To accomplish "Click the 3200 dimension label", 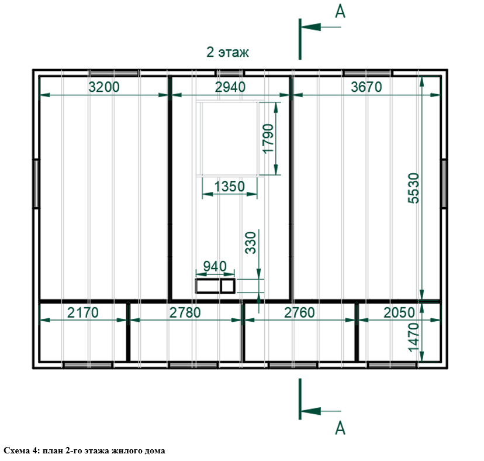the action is [104, 87].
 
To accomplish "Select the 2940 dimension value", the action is [230, 87].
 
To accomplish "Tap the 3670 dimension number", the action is [367, 87].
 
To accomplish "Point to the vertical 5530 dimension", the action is [414, 188].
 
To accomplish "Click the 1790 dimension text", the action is [268, 138].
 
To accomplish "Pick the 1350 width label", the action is [229, 186].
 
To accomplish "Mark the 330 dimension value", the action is [251, 243].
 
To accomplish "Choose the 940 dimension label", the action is [215, 266].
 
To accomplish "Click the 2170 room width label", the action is [83, 312].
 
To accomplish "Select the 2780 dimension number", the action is [185, 312].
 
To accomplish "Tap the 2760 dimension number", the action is [299, 312].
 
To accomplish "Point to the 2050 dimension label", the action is [399, 312].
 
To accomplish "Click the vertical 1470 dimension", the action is [414, 337].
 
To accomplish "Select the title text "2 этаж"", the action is [227, 52].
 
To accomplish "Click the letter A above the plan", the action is [340, 12].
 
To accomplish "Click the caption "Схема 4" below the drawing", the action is [20, 450].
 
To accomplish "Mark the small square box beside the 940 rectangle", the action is [228, 286].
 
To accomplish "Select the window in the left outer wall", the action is [36, 184].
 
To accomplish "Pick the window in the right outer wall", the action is [444, 184].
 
